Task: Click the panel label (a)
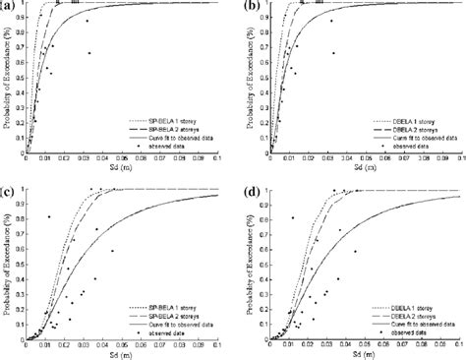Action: click(x=9, y=7)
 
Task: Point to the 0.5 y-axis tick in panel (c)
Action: click(x=15, y=265)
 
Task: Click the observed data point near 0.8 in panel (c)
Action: click(x=49, y=217)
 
